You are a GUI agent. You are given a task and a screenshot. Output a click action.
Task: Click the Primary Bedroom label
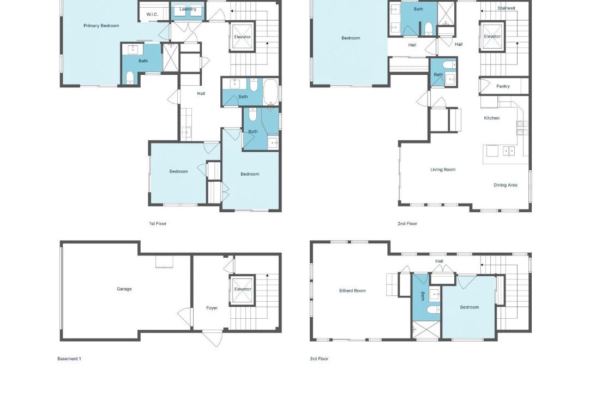pyautogui.click(x=101, y=26)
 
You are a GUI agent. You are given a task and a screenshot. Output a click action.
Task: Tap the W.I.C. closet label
pyautogui.click(x=152, y=14)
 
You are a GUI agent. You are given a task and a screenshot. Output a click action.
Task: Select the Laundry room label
pyautogui.click(x=188, y=9)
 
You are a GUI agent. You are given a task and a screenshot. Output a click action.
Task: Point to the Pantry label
pyautogui.click(x=503, y=86)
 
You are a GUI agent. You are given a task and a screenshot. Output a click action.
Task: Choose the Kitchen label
pyautogui.click(x=492, y=118)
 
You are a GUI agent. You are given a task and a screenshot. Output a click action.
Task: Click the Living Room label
pyautogui.click(x=443, y=170)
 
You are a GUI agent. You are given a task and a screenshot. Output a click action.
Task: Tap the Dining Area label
pyautogui.click(x=505, y=185)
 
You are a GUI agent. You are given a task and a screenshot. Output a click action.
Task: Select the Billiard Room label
pyautogui.click(x=352, y=291)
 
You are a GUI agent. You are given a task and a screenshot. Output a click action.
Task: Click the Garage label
pyautogui.click(x=124, y=289)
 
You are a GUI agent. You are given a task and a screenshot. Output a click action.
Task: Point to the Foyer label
pyautogui.click(x=212, y=308)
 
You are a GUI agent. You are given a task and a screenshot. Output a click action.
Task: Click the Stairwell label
pyautogui.click(x=506, y=8)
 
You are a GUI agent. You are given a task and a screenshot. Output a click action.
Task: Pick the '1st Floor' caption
pyautogui.click(x=158, y=223)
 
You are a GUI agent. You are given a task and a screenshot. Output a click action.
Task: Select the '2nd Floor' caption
pyautogui.click(x=407, y=223)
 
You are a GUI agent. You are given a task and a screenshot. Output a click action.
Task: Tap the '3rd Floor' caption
pyautogui.click(x=319, y=359)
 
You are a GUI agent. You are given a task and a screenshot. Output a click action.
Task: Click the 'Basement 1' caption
pyautogui.click(x=69, y=359)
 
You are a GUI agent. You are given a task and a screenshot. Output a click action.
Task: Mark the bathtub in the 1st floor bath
pyautogui.click(x=271, y=92)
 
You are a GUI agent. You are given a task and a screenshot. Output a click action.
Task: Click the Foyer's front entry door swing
pyautogui.click(x=212, y=338)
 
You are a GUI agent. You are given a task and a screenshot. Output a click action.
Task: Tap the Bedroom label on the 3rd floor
pyautogui.click(x=470, y=307)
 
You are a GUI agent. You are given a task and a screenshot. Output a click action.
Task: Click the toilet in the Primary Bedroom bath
pyautogui.click(x=130, y=78)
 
